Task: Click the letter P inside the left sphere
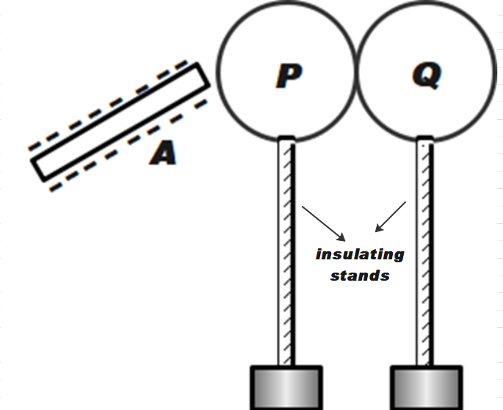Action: coord(289,75)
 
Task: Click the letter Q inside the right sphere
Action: coord(427,75)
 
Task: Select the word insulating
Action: coord(360,255)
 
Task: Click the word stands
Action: coord(360,276)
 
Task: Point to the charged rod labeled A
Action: coord(120,121)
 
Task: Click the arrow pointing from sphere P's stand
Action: coord(323,223)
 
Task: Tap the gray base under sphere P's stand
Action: coord(286,387)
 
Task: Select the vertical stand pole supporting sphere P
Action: coord(286,250)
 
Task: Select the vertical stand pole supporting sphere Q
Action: coord(424,250)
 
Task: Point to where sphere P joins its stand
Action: coord(286,138)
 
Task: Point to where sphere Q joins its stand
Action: coord(424,138)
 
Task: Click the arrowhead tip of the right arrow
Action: coord(375,231)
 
